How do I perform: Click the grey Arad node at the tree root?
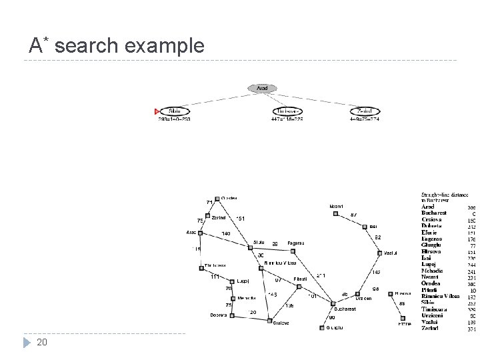pyautogui.click(x=263, y=89)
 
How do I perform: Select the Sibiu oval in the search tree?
pyautogui.click(x=175, y=111)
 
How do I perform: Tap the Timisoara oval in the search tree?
pyautogui.click(x=288, y=111)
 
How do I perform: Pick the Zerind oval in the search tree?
pyautogui.click(x=364, y=111)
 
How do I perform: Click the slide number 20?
pyautogui.click(x=41, y=343)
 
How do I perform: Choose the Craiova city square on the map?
pyautogui.click(x=270, y=321)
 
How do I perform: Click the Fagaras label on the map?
pyautogui.click(x=296, y=243)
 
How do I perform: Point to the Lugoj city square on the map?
pyautogui.click(x=231, y=281)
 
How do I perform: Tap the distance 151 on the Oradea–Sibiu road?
pyautogui.click(x=241, y=218)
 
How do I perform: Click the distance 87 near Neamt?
pyautogui.click(x=353, y=214)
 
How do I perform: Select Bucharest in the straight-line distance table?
pyautogui.click(x=434, y=213)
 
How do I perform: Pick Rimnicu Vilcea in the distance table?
pyautogui.click(x=441, y=295)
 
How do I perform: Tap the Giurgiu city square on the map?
pyautogui.click(x=321, y=327)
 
